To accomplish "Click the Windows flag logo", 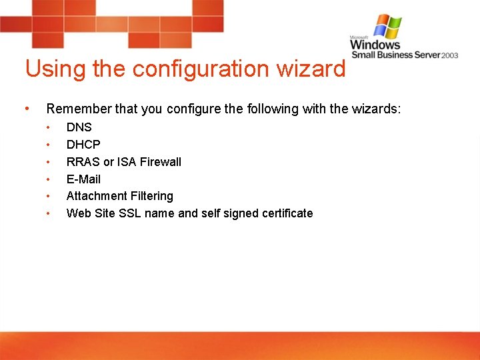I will click(387, 27).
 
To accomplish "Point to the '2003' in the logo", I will click(449, 55).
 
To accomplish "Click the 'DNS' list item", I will click(79, 127).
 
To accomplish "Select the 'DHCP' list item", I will click(83, 145).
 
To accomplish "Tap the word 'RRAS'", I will click(83, 162).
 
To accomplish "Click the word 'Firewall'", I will click(160, 162).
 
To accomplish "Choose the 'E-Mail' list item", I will click(83, 179).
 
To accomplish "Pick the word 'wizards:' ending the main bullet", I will click(379, 109).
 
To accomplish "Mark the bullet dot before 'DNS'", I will click(48, 127).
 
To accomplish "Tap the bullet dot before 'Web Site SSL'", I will click(48, 213).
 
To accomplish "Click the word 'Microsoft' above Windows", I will click(361, 37).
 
